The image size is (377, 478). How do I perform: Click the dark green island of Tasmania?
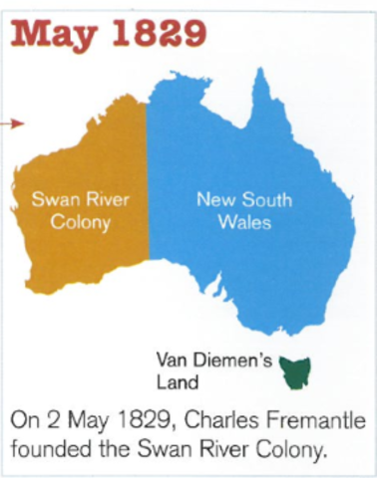tap(297, 374)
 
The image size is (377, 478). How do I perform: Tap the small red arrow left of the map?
tap(12, 123)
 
